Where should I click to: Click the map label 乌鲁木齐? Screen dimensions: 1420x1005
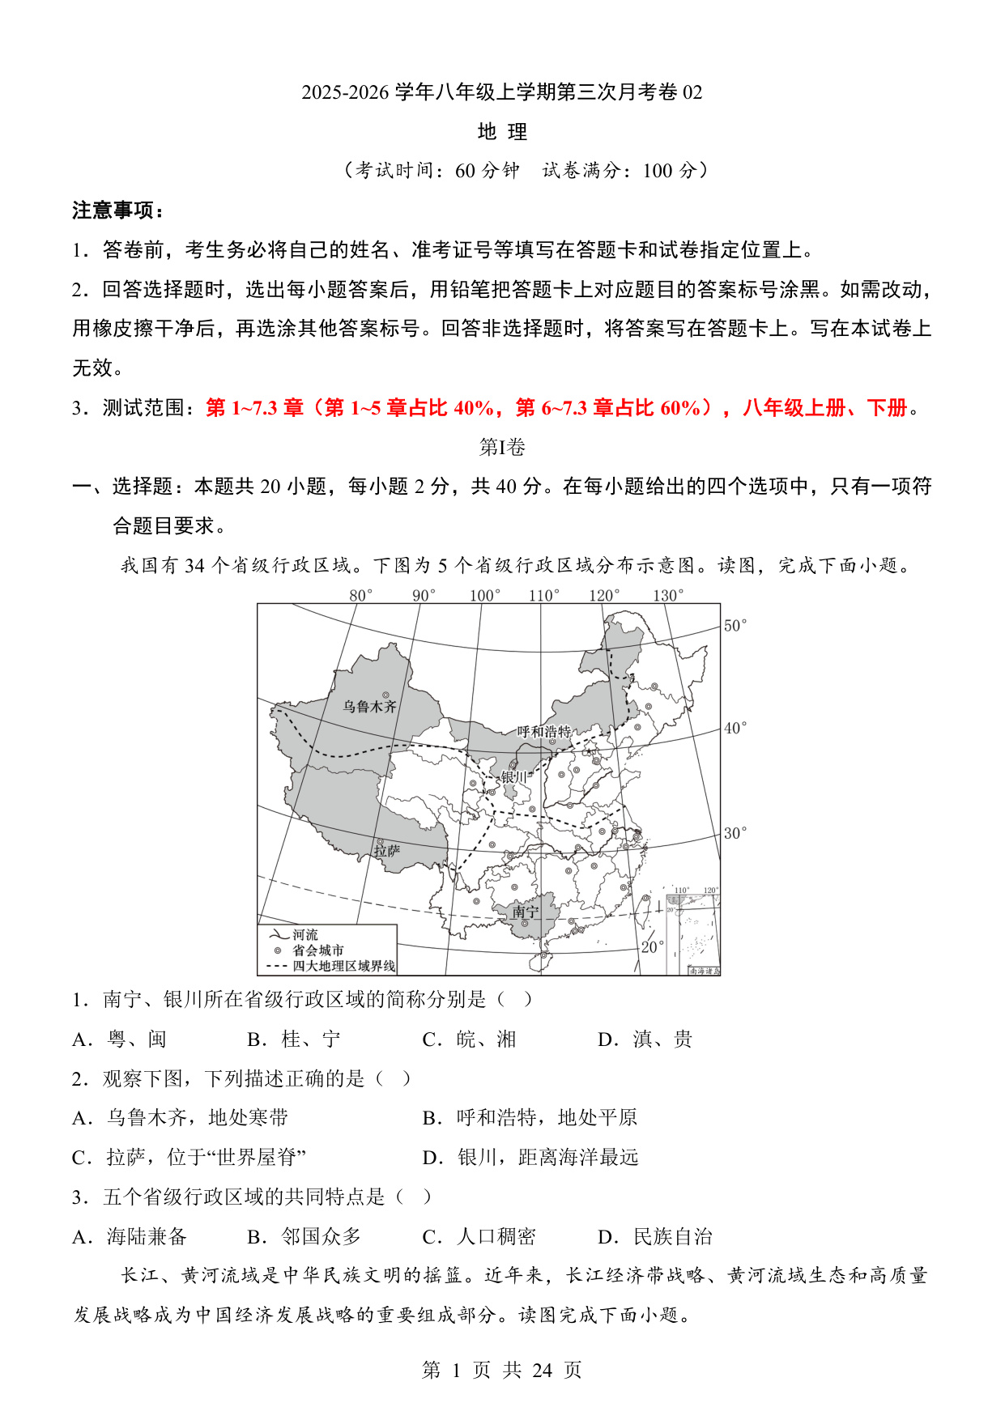click(369, 707)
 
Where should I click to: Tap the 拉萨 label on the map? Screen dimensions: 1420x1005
click(387, 851)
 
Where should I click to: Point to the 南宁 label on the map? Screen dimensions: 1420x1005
click(525, 912)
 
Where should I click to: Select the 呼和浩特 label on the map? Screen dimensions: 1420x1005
click(544, 732)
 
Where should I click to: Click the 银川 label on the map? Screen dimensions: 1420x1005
click(513, 777)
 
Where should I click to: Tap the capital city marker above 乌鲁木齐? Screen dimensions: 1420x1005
click(386, 695)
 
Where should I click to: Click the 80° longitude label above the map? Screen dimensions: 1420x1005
click(361, 595)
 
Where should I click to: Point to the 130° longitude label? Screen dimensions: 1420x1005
click(668, 595)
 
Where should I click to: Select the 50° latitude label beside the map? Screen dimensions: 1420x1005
click(735, 625)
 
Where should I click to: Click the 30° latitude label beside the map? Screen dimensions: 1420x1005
click(735, 833)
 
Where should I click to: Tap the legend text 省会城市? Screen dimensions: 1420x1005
click(318, 950)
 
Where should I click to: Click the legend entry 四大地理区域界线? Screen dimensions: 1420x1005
click(343, 966)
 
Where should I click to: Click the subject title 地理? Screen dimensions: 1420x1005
click(502, 131)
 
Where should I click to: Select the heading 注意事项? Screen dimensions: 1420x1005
click(118, 210)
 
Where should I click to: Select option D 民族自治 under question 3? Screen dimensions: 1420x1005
click(655, 1236)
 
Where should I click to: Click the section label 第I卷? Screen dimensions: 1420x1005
click(502, 447)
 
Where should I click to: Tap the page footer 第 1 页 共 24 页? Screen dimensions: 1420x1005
click(502, 1370)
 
